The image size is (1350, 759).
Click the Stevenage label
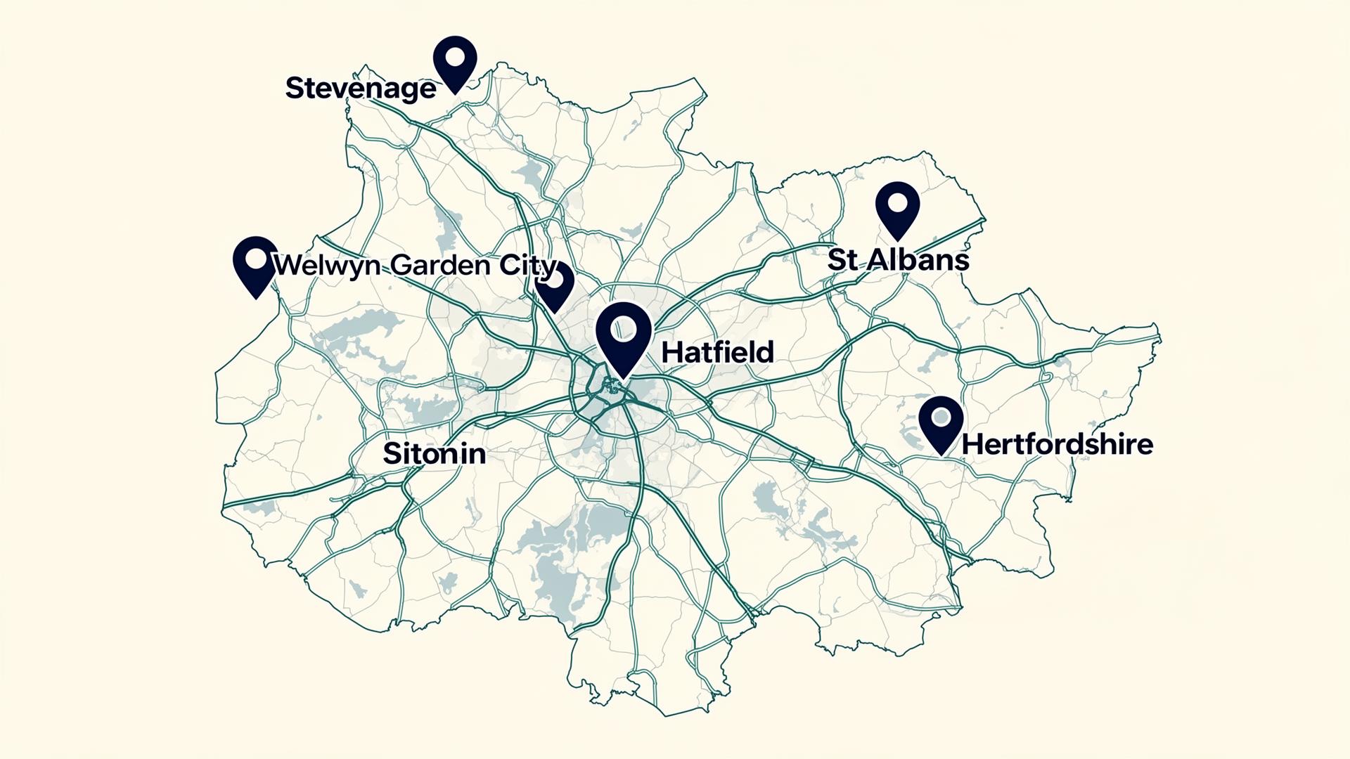point(360,89)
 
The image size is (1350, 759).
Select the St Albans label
point(898,260)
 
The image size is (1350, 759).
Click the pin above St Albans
point(897,208)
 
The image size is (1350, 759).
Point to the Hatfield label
point(717,352)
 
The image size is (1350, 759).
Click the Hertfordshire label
point(1057,444)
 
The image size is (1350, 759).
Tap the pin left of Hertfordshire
point(941,422)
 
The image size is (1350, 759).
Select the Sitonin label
point(434,454)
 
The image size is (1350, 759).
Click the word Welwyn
point(328,266)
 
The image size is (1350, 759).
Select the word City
point(527,266)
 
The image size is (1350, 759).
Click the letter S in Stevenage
point(294,89)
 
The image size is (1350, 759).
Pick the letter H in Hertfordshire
point(970,444)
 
